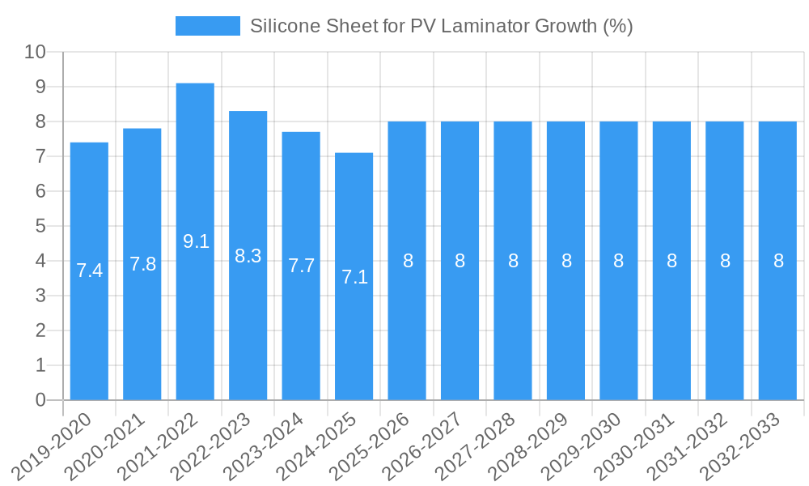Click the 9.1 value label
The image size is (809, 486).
tap(196, 241)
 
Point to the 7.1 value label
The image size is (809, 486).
tap(354, 278)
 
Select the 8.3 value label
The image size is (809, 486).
tap(248, 257)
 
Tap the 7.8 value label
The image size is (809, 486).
tap(142, 264)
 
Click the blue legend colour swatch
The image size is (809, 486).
tap(208, 26)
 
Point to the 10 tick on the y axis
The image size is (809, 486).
tap(35, 52)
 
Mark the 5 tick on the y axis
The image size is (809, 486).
tap(40, 226)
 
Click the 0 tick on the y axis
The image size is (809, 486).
tap(40, 400)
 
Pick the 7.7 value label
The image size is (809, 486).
tap(301, 266)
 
